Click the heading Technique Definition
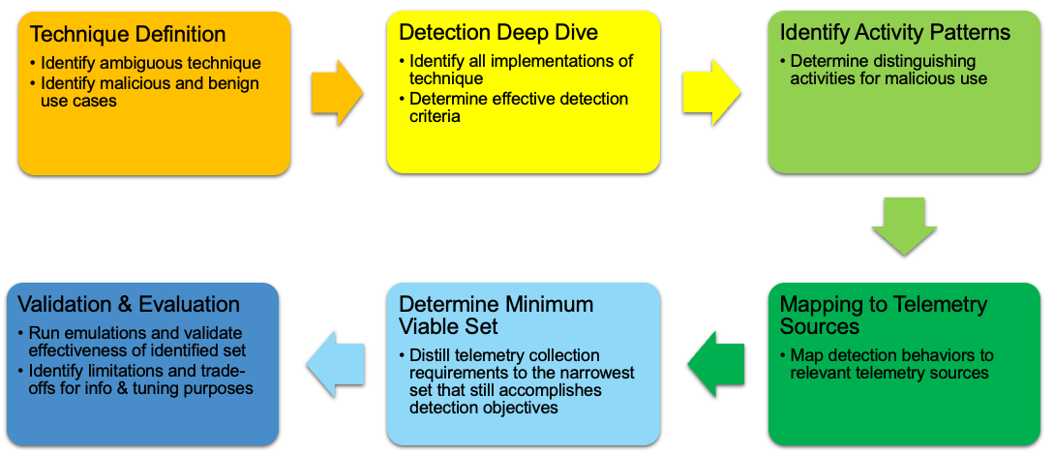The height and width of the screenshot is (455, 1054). pyautogui.click(x=128, y=35)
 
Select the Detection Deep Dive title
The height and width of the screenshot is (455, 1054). pyautogui.click(x=497, y=32)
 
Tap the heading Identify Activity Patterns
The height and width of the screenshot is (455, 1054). pyautogui.click(x=894, y=32)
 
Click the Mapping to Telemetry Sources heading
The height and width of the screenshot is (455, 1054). pyautogui.click(x=883, y=316)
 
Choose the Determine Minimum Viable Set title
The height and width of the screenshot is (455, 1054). pyautogui.click(x=496, y=316)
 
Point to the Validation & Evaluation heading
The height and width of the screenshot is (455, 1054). pyautogui.click(x=129, y=304)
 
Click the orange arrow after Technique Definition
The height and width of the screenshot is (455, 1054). pyautogui.click(x=336, y=92)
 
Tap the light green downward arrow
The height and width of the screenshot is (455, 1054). pyautogui.click(x=903, y=226)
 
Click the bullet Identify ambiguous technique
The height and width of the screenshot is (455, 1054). pyautogui.click(x=150, y=64)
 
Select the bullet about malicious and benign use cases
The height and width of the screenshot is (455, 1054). pyautogui.click(x=149, y=92)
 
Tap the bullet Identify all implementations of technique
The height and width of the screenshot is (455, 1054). pyautogui.click(x=521, y=70)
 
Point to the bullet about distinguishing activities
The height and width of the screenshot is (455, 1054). pyautogui.click(x=888, y=70)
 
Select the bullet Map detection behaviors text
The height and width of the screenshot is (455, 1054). pyautogui.click(x=890, y=364)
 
